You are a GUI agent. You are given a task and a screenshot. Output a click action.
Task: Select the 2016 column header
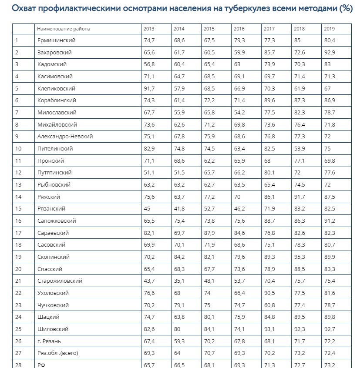click(x=239, y=29)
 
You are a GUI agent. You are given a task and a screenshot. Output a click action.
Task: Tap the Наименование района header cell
click(x=64, y=29)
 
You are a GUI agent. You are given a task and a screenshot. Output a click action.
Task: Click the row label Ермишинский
click(x=57, y=40)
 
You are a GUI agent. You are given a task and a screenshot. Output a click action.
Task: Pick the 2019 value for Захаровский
click(x=329, y=53)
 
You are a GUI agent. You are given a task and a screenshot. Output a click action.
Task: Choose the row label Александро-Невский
click(x=65, y=137)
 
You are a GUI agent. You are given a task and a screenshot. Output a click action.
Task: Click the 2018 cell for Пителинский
click(x=299, y=149)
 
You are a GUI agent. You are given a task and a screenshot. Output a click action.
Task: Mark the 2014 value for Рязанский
click(x=179, y=209)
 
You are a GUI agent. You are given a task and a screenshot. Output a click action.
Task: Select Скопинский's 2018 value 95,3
click(x=299, y=257)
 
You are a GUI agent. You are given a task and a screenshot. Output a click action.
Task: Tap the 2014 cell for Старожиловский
click(x=178, y=281)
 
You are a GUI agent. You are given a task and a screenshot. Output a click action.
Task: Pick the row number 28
click(x=18, y=365)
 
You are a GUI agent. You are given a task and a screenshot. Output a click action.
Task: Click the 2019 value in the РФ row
click(x=329, y=365)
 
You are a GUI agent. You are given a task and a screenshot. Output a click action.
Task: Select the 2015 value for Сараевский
click(x=209, y=233)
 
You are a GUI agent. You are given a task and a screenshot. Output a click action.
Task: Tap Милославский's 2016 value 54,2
click(x=239, y=113)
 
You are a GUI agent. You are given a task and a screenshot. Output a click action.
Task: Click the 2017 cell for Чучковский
click(x=269, y=305)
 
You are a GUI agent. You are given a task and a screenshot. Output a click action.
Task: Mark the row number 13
click(x=18, y=185)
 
